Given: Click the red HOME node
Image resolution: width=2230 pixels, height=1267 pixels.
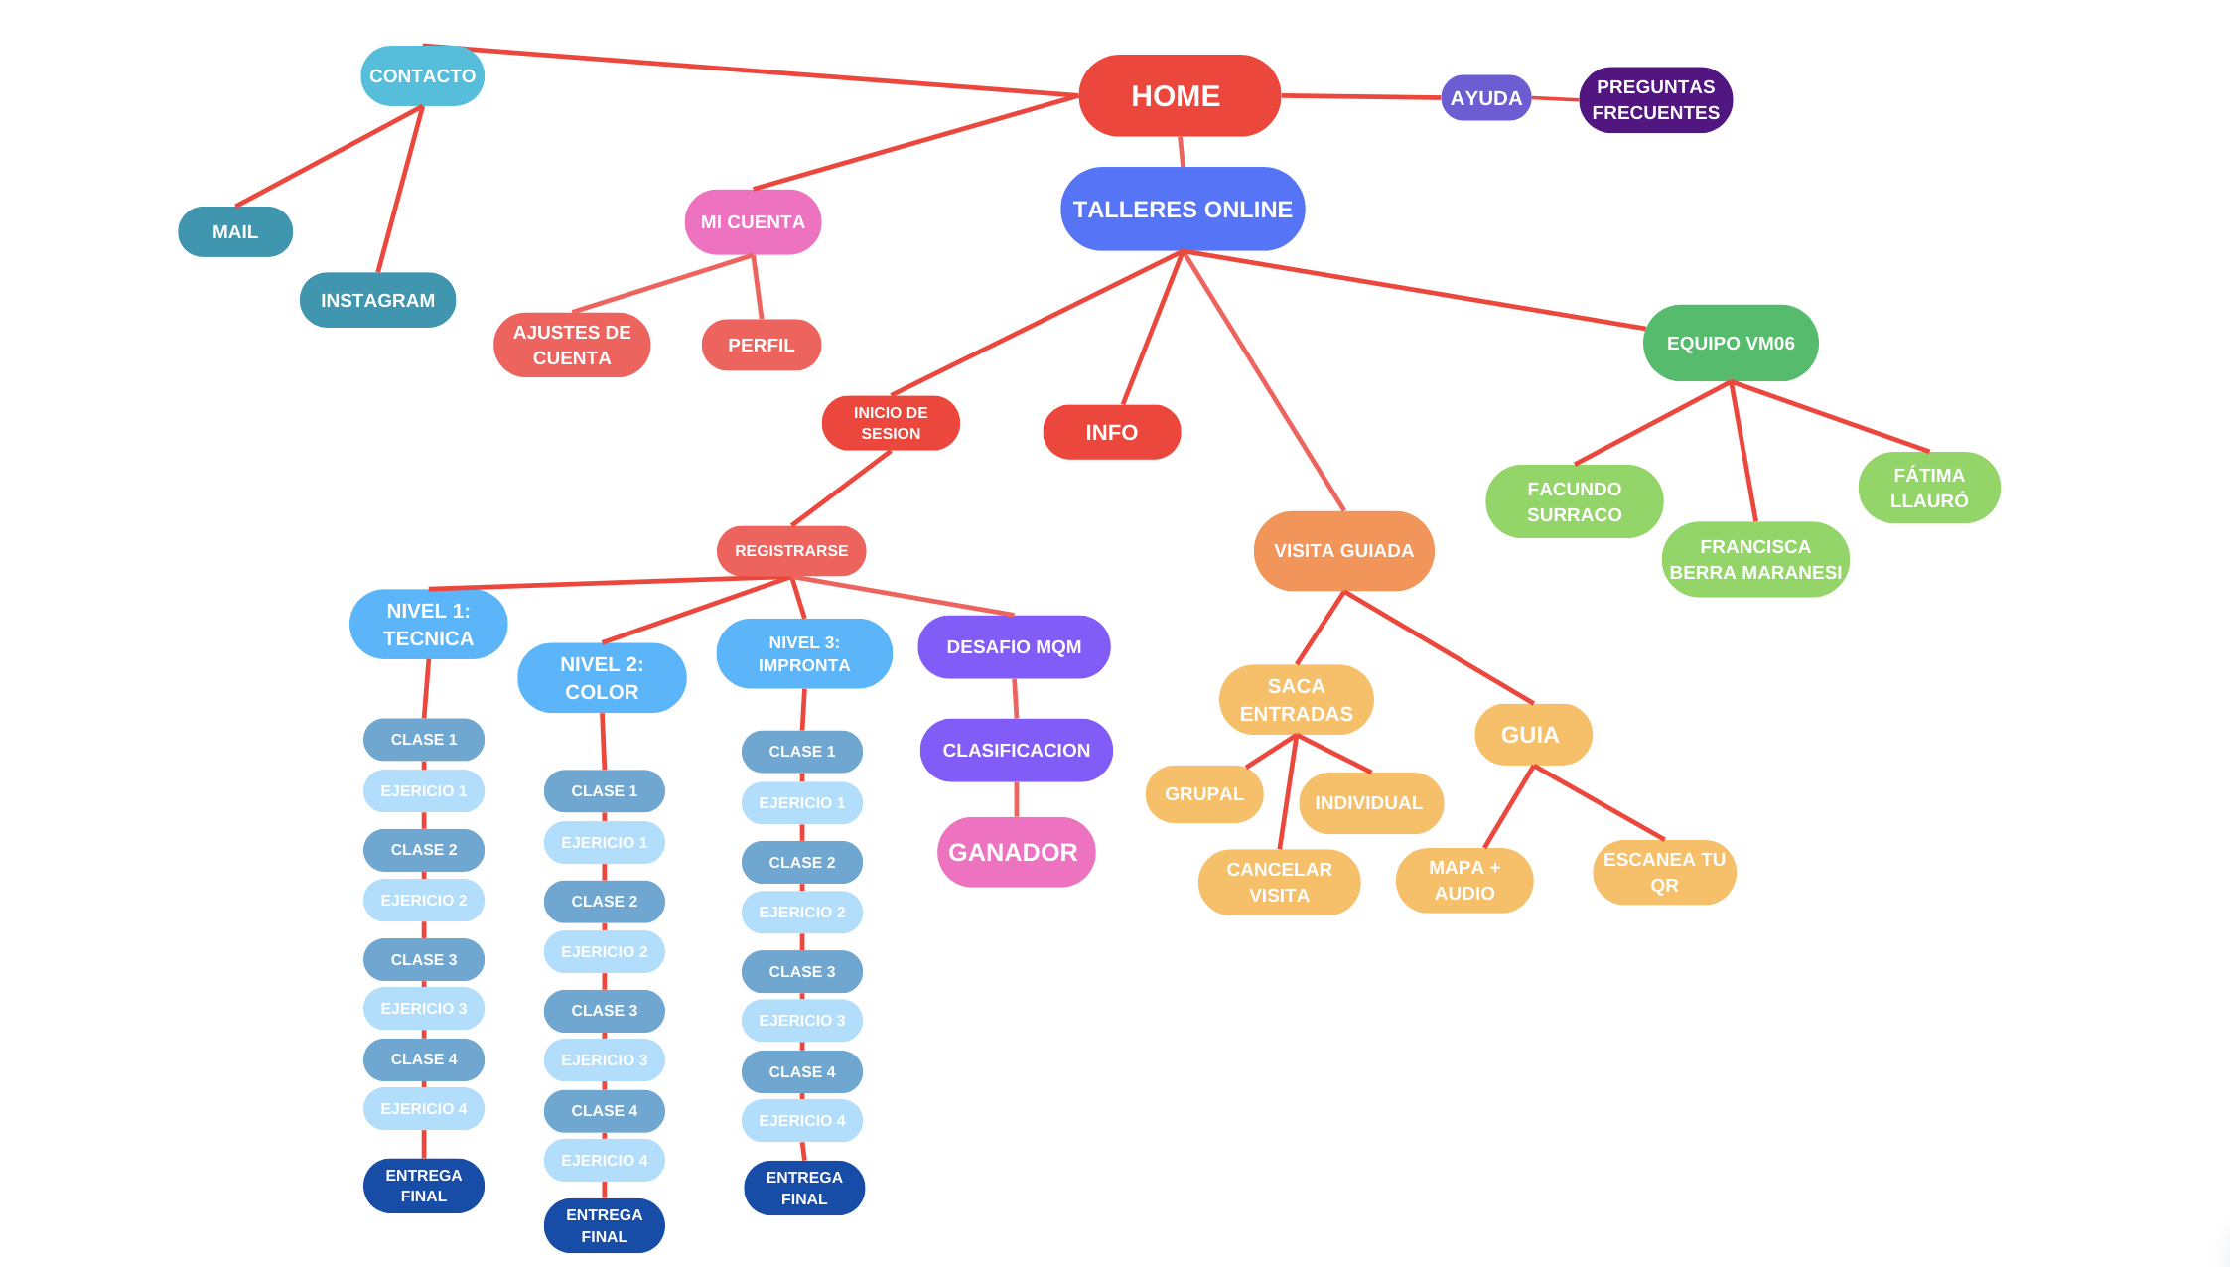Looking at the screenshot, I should coord(1179,96).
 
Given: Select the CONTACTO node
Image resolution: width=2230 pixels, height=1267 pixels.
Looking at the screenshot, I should coord(422,76).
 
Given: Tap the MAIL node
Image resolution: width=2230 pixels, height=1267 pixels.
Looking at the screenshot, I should coord(235,232).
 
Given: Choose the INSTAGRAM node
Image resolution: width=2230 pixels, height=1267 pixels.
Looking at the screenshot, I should coord(377,300).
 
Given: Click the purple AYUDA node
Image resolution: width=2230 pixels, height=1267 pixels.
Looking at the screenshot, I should coord(1485,98).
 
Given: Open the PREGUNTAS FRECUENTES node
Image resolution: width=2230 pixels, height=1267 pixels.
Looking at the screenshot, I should coord(1655,100).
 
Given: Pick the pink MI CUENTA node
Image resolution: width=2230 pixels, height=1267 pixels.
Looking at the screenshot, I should coord(753,222).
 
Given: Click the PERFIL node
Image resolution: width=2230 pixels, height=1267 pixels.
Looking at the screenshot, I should coord(761,346).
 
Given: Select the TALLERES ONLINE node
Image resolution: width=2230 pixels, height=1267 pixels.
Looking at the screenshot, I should coord(1183,210).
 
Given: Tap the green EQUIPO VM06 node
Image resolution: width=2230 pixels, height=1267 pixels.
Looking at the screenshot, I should coord(1731,344).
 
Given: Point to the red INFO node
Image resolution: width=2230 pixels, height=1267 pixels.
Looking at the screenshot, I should coord(1111,433).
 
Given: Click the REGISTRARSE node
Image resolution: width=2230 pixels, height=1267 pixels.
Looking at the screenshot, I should coord(791,551).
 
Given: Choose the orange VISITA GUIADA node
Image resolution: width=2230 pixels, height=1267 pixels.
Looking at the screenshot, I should coord(1343,551).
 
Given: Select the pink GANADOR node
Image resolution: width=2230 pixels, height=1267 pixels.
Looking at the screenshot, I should coord(1015,853).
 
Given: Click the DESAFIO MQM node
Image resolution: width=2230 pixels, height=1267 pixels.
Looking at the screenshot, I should coord(1014,647).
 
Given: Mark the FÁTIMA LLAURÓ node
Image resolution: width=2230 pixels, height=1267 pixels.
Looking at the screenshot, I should coord(1928,489).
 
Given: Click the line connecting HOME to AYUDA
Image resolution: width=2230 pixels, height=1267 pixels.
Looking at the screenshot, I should coord(1360,97).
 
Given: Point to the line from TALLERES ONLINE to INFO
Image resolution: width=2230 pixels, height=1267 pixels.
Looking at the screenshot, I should coord(1152,329).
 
